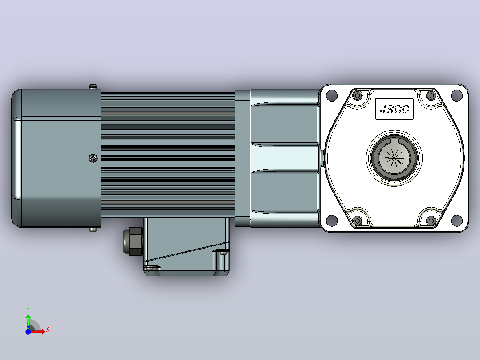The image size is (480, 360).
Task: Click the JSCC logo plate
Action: coord(395,109)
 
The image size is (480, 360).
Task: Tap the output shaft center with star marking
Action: coord(395,158)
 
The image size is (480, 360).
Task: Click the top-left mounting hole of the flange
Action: coord(332,95)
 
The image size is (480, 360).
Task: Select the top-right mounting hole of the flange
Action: coord(457,95)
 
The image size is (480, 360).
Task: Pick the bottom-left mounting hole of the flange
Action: coord(332,220)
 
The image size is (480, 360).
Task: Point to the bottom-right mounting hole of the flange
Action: coord(457,220)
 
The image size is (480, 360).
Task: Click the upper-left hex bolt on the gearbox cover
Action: coord(357,96)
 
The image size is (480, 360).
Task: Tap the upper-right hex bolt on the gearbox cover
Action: coord(431,96)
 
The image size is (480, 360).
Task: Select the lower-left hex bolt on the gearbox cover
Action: coord(357,221)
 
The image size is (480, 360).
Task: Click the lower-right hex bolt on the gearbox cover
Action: coord(431,221)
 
